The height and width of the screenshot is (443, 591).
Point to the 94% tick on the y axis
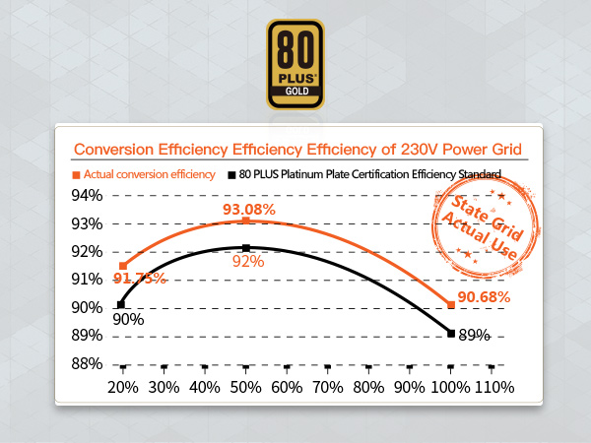pos(85,196)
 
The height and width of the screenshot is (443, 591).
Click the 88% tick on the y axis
pos(85,364)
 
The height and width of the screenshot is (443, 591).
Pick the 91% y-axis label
pos(85,280)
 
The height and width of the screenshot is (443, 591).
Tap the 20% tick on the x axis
pos(122,387)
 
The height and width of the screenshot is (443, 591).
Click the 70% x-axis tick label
pos(327,387)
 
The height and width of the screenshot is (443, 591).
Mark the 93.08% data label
pos(248,210)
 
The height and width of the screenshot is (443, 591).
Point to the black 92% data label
pos(247,261)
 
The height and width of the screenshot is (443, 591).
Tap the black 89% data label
pos(475,336)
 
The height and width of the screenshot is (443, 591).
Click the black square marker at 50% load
pos(246,247)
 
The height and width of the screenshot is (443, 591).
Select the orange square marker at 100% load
pos(451,305)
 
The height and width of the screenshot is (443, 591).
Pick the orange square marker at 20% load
pos(122,266)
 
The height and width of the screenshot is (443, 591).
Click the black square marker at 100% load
pos(451,334)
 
